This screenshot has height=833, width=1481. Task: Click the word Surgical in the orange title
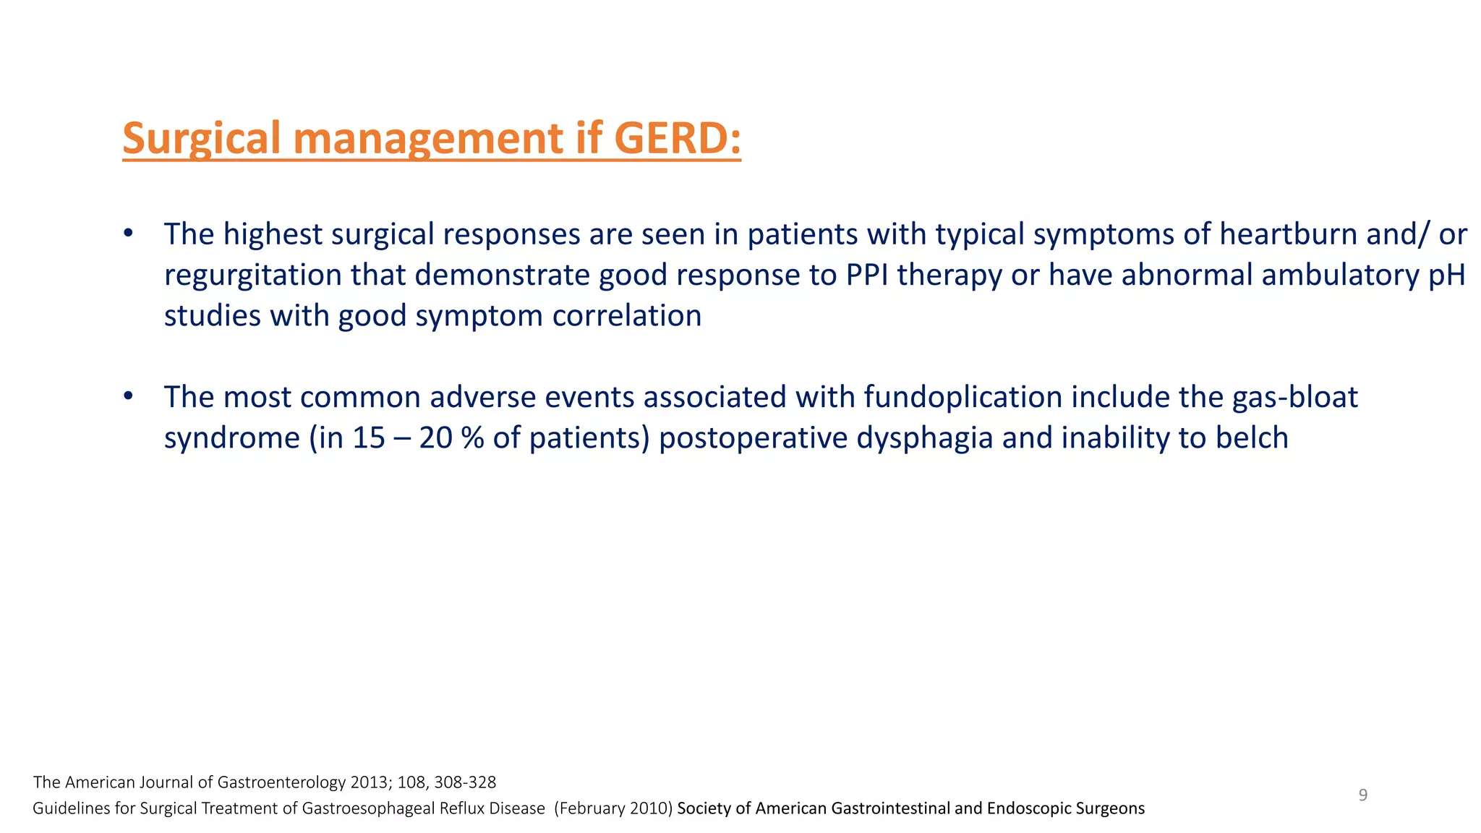201,138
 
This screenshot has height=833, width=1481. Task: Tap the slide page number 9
1363,795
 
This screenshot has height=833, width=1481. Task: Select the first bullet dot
128,234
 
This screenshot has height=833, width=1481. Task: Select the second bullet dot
128,396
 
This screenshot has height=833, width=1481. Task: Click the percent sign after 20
472,438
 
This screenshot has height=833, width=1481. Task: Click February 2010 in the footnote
614,808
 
